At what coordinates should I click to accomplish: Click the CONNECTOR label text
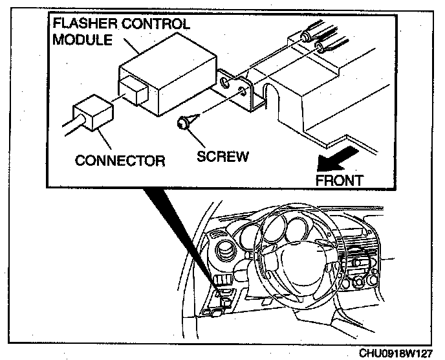point(120,160)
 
